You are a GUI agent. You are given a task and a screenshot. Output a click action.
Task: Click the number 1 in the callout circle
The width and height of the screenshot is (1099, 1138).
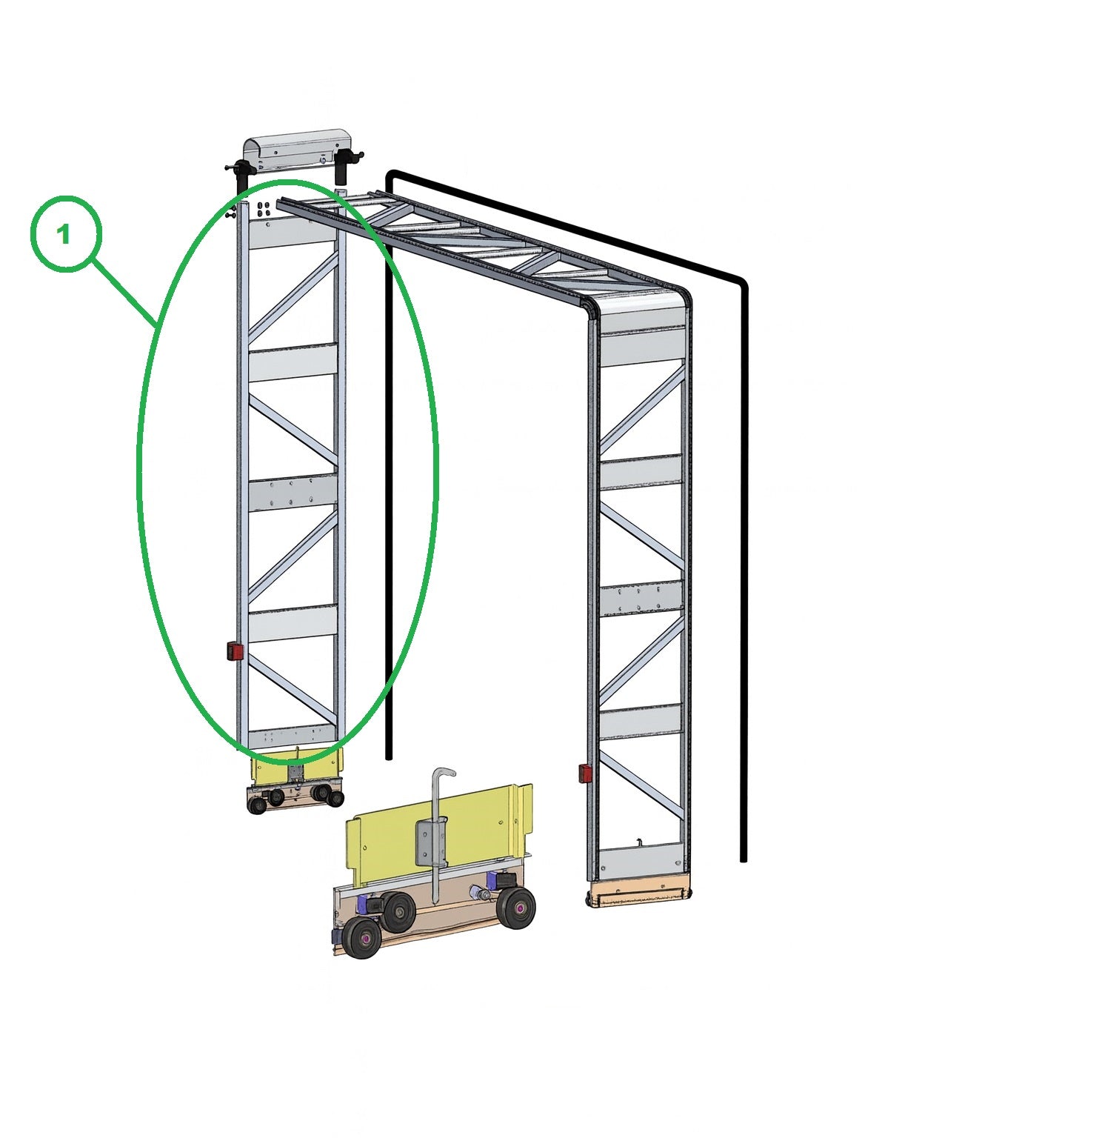(x=64, y=235)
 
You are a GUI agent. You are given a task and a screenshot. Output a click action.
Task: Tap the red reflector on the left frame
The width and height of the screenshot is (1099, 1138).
(x=235, y=652)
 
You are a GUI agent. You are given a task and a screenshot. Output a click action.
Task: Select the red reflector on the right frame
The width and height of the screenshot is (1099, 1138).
(x=585, y=774)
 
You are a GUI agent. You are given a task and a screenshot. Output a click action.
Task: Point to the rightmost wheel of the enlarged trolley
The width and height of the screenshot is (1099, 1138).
(x=516, y=908)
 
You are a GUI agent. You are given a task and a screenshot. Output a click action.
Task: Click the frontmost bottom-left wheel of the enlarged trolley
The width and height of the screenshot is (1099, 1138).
(x=362, y=939)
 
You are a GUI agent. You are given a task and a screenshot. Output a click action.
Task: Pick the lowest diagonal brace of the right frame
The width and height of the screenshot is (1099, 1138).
(x=641, y=786)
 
